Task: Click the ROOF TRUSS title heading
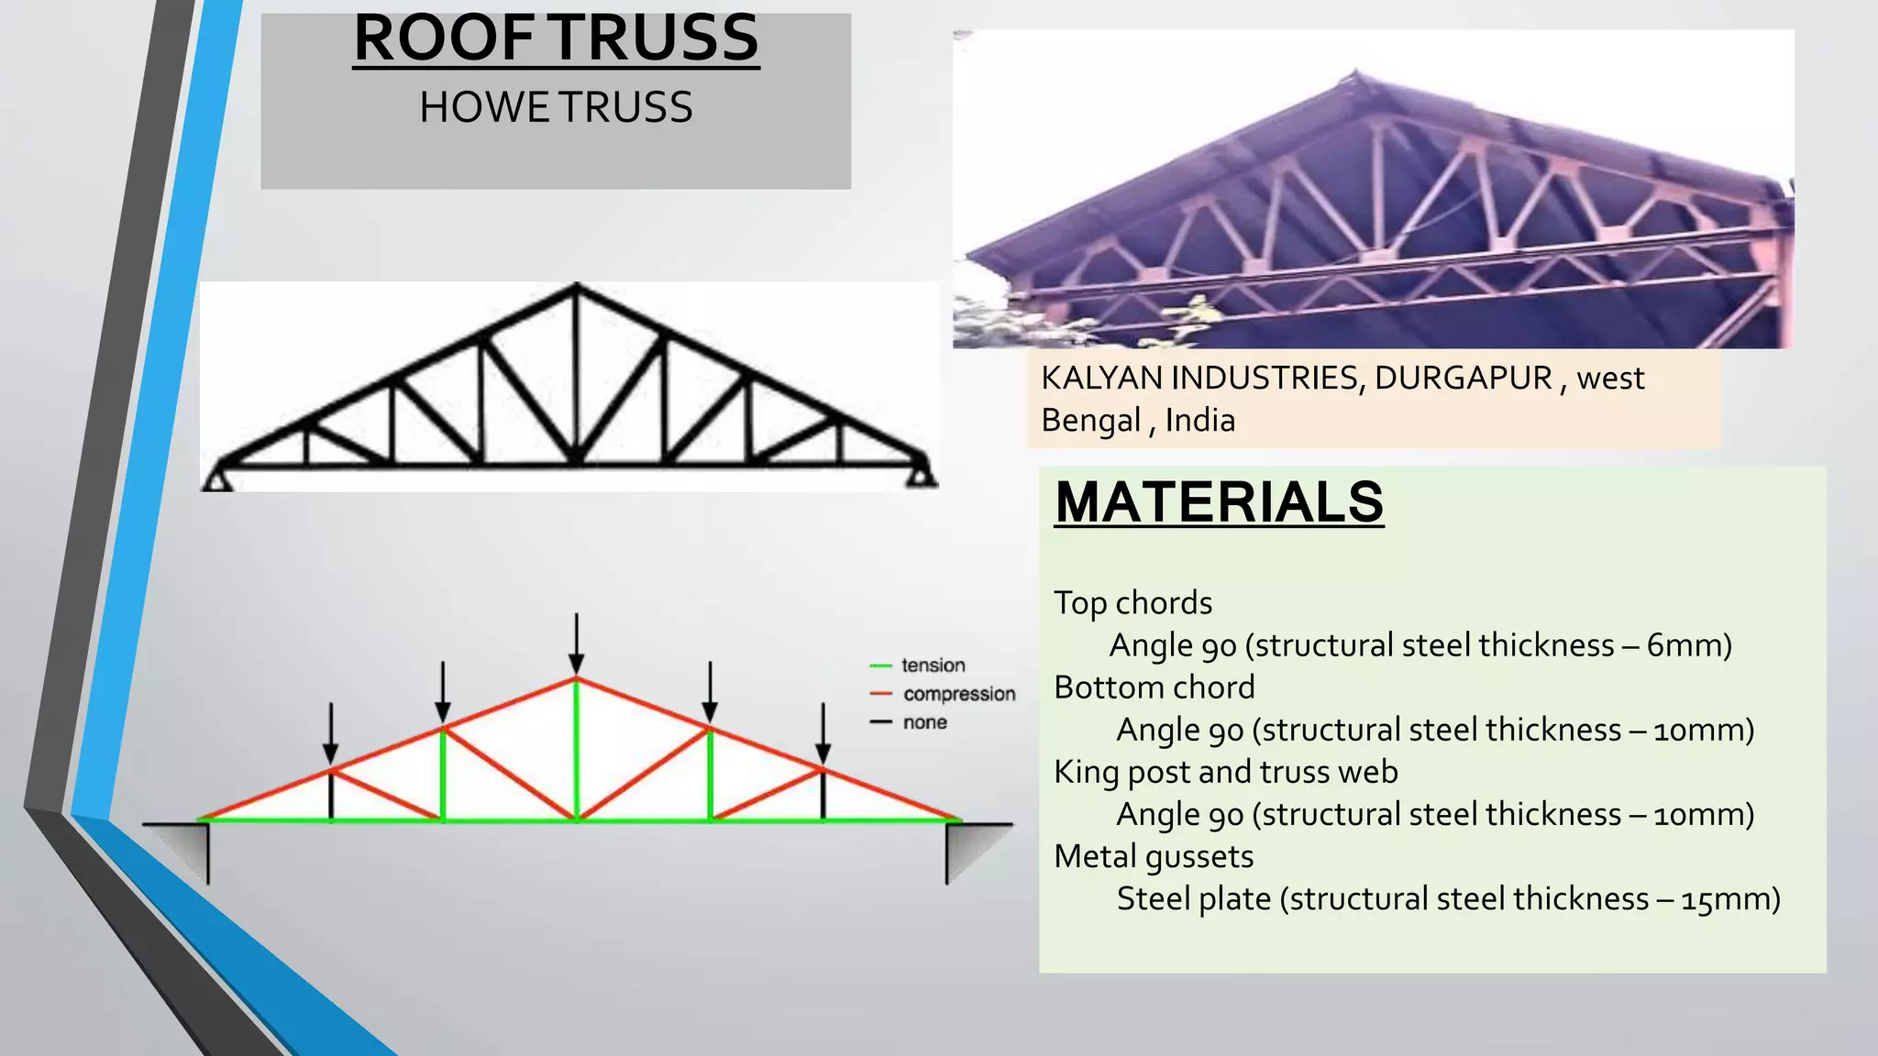(556, 38)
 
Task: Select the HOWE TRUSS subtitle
(556, 107)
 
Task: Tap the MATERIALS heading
(1219, 502)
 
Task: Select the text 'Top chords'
(1132, 603)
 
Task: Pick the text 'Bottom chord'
(1154, 687)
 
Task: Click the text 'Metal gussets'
(1153, 856)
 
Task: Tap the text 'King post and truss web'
(1225, 772)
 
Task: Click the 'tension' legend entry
(933, 665)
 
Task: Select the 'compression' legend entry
(958, 694)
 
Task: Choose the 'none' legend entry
(924, 722)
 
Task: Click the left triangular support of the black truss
(217, 479)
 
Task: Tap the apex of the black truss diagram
(576, 289)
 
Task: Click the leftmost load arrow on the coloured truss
(331, 732)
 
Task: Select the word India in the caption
(1199, 421)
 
